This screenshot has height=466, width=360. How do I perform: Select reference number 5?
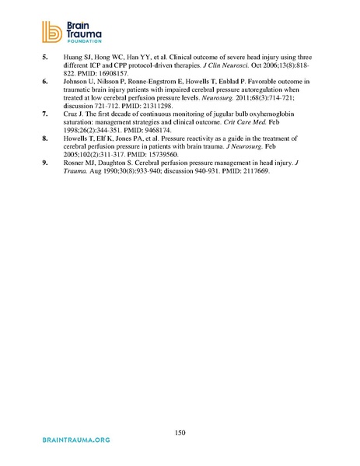45,57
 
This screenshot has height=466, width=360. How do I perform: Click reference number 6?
45,79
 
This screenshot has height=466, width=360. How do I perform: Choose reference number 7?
45,113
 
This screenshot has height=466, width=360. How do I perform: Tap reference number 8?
45,135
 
